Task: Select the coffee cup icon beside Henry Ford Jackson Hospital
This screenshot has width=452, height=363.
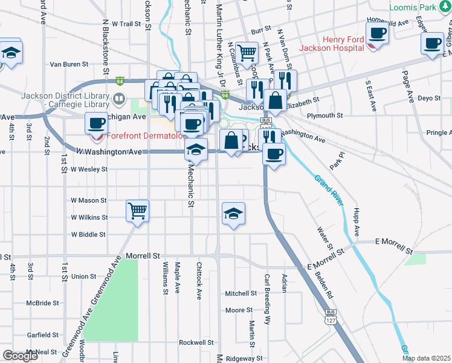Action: pyautogui.click(x=378, y=33)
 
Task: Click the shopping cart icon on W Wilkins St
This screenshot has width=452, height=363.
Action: pyautogui.click(x=137, y=211)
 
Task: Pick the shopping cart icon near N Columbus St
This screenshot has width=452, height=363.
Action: pyautogui.click(x=247, y=53)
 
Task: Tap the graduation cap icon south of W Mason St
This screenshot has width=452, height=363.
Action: pyautogui.click(x=233, y=214)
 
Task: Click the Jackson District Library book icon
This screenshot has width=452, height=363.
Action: pyautogui.click(x=120, y=98)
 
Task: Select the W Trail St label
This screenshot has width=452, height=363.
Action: pyautogui.click(x=126, y=24)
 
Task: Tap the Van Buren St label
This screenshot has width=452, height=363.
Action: pyautogui.click(x=69, y=64)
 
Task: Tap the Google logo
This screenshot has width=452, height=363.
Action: pyautogui.click(x=20, y=355)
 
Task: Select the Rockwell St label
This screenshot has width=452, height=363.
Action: pyautogui.click(x=196, y=342)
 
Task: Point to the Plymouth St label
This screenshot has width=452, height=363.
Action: pyautogui.click(x=324, y=115)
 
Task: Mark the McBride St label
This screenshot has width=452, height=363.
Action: pyautogui.click(x=42, y=302)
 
